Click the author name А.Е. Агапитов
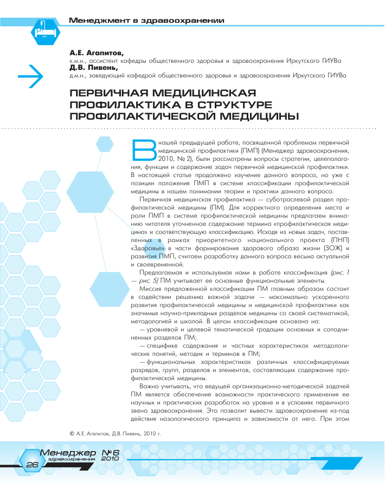(96, 54)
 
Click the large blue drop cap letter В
(144, 150)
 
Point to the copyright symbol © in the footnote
(73, 434)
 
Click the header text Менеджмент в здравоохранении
(146, 21)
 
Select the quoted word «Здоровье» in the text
(147, 247)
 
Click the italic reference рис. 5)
(150, 281)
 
